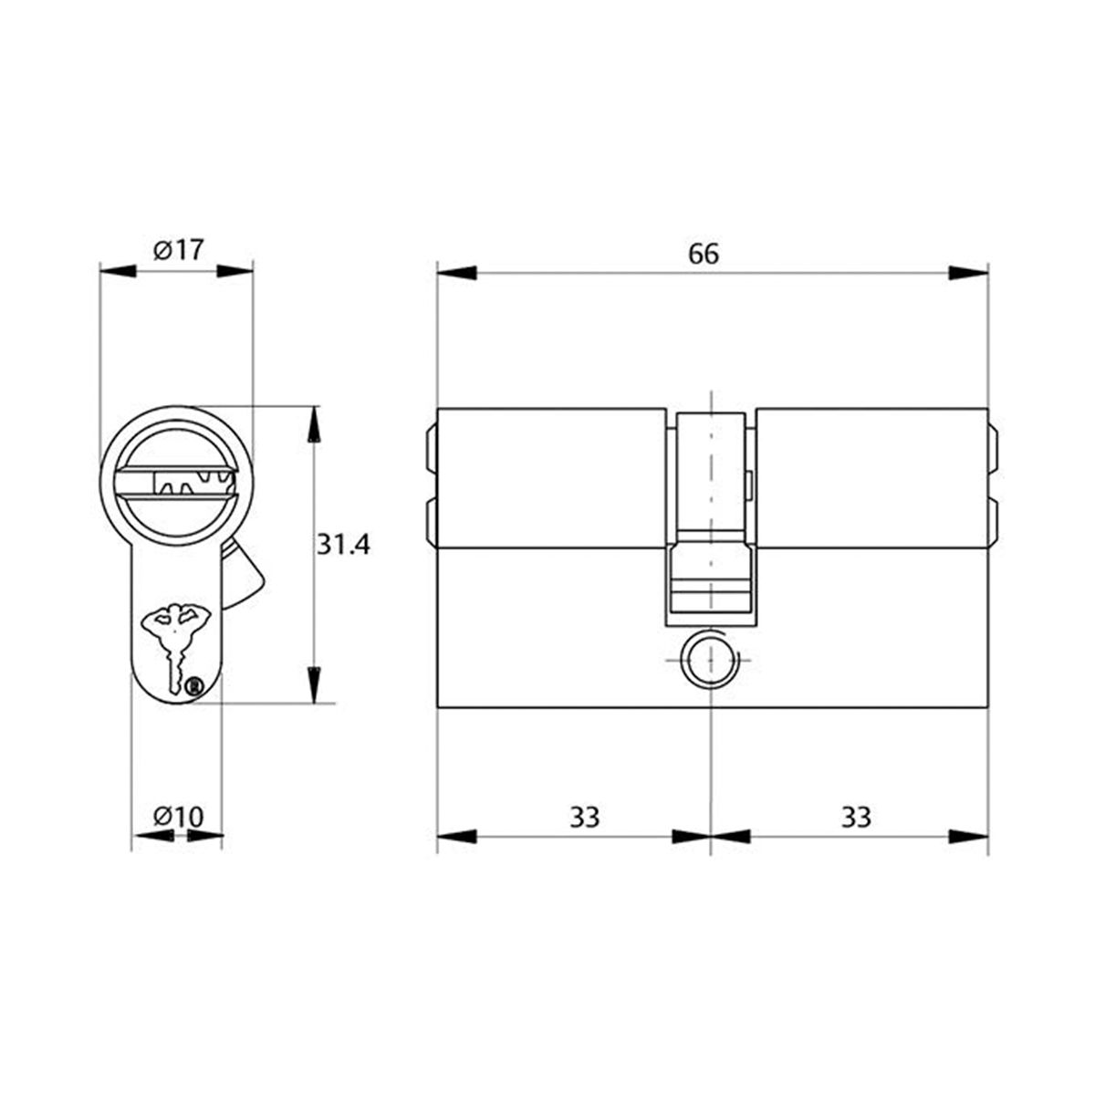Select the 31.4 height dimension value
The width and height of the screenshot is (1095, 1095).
tap(343, 546)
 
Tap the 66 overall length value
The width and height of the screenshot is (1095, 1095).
tap(704, 254)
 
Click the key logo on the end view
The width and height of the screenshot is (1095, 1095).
tap(176, 639)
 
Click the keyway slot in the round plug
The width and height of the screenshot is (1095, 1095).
tap(182, 482)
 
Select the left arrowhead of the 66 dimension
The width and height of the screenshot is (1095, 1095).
tap(457, 273)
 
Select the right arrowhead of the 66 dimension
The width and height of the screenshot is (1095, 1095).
tap(968, 273)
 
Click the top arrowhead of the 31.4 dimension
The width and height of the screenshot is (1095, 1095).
tap(315, 425)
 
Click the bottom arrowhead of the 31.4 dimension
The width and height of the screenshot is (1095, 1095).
tap(315, 684)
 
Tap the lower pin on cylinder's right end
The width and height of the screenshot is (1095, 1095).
tap(993, 520)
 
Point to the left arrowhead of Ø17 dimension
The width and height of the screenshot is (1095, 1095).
tap(118, 270)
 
